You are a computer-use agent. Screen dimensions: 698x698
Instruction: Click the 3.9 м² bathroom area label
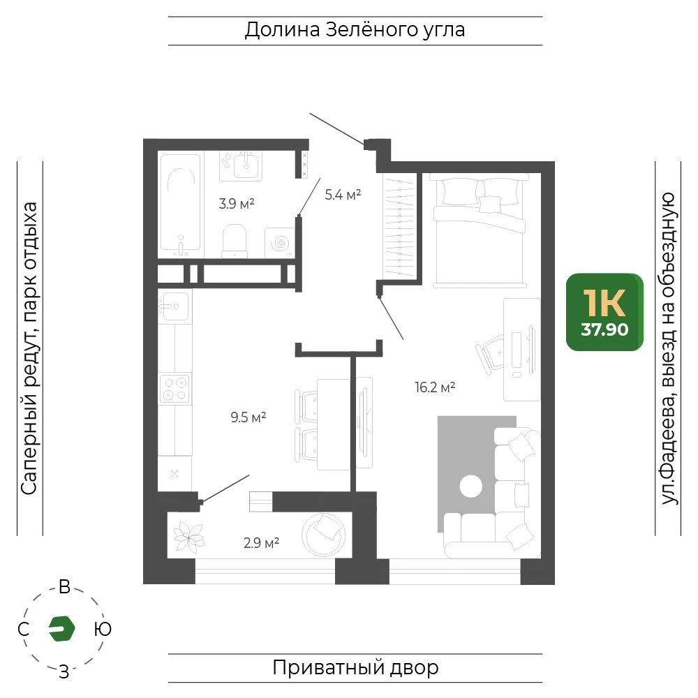tap(237, 204)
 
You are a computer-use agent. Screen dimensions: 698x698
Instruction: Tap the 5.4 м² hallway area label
tap(343, 195)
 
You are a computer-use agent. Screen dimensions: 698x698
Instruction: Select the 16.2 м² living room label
tap(435, 387)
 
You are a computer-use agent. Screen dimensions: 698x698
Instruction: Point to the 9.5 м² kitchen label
tap(248, 417)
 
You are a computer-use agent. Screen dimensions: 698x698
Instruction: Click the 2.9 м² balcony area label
tap(261, 543)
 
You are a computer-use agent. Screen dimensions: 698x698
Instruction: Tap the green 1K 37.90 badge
tap(604, 312)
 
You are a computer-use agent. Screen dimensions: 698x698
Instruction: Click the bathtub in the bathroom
tap(180, 202)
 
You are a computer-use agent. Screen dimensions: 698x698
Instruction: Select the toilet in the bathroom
tap(235, 240)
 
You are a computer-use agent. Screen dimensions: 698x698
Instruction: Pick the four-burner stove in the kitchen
tap(175, 388)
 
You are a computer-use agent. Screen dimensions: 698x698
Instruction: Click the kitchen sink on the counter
tap(175, 306)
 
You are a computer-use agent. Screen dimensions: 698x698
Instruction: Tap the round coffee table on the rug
tap(470, 486)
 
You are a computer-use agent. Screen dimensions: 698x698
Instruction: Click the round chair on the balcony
tap(324, 535)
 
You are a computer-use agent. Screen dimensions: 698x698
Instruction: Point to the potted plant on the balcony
tap(189, 537)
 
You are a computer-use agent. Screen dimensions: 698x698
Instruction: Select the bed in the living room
tap(480, 230)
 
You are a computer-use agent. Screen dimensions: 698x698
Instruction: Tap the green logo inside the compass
tap(62, 629)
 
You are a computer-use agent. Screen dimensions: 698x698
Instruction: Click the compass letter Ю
tap(103, 630)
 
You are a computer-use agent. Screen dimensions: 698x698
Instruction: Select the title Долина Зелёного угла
tap(355, 30)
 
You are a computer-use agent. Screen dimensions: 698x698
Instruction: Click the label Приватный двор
tap(355, 668)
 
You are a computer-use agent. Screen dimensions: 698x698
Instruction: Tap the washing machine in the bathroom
tap(280, 243)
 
